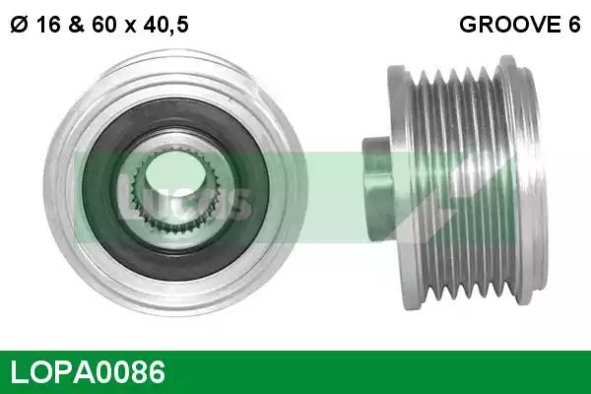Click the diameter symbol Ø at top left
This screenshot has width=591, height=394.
pyautogui.click(x=19, y=25)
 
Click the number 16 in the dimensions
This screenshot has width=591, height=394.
pyautogui.click(x=48, y=25)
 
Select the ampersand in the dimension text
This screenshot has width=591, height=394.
pyautogui.click(x=77, y=25)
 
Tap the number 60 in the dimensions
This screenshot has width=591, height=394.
pyautogui.click(x=104, y=25)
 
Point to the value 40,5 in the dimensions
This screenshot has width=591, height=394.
pyautogui.click(x=165, y=26)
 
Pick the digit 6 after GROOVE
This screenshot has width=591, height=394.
pyautogui.click(x=574, y=25)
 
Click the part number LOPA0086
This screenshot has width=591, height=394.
pyautogui.click(x=88, y=371)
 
